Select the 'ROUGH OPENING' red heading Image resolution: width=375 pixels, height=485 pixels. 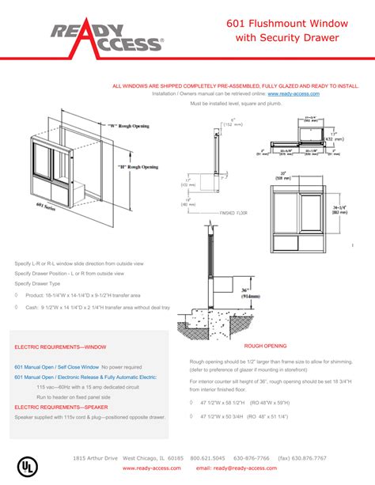pyautogui.click(x=265, y=347)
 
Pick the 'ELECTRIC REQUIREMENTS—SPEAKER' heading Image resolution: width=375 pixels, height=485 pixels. pyautogui.click(x=61, y=407)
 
